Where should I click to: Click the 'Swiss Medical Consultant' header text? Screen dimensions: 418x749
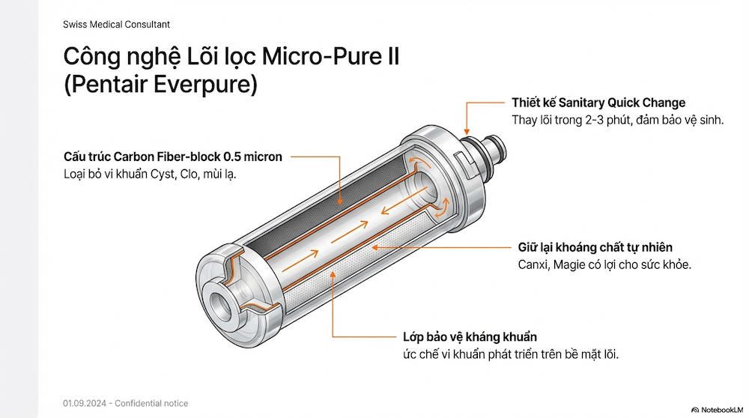pyautogui.click(x=116, y=24)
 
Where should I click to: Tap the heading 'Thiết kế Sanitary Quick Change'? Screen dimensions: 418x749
pyautogui.click(x=598, y=103)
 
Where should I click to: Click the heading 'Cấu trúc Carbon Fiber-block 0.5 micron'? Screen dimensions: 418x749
pyautogui.click(x=173, y=157)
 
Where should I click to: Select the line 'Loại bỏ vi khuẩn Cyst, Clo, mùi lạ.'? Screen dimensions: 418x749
pyautogui.click(x=149, y=175)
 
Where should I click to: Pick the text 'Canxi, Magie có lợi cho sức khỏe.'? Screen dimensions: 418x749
pyautogui.click(x=605, y=264)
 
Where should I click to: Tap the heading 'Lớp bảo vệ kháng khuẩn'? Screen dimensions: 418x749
pyautogui.click(x=470, y=337)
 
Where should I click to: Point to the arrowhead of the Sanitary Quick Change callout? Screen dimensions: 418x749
pyautogui.click(x=467, y=130)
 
